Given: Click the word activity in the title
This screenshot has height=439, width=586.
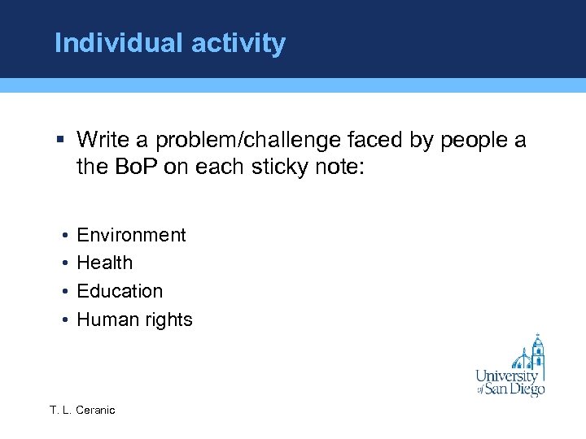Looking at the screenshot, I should coord(239,43).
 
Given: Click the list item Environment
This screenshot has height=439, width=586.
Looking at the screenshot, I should coord(131,235).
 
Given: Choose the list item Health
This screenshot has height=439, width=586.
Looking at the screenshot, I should coord(104,263).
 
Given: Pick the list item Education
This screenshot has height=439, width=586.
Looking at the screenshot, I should coord(120,291).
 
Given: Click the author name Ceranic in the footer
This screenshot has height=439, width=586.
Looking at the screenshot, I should coord(95,411).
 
